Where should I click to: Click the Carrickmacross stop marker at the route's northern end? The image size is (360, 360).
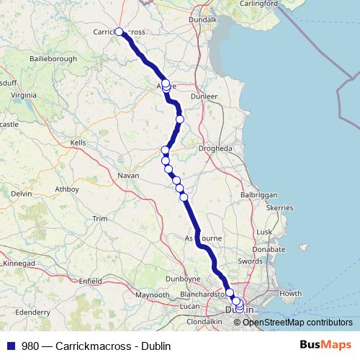(120, 32)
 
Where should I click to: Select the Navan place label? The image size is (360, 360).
(128, 175)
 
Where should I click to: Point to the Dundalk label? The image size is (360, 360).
(202, 20)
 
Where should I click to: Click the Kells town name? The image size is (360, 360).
(77, 143)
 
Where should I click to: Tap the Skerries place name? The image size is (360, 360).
(280, 207)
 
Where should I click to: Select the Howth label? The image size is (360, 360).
(290, 293)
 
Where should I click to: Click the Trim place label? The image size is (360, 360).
(99, 218)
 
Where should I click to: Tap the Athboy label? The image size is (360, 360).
(67, 189)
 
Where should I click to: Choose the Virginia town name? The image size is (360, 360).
(24, 94)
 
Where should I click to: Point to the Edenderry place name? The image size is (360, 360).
(32, 312)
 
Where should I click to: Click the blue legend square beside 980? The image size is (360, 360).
(10, 346)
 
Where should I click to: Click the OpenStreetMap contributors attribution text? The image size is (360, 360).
(297, 322)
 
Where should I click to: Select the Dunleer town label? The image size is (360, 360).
(204, 95)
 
